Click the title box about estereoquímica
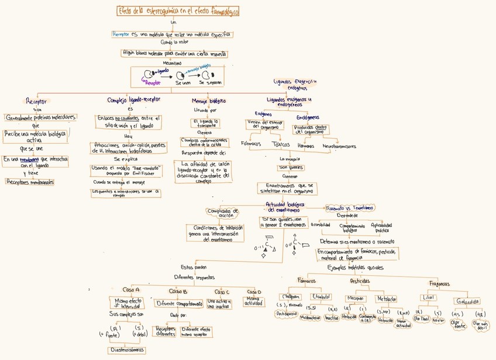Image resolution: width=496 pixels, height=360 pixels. tap(178, 11)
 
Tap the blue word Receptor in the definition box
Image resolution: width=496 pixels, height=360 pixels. tap(121, 34)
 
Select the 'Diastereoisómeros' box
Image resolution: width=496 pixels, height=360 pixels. tap(126, 350)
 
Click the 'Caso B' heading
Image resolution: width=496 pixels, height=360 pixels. tap(178, 291)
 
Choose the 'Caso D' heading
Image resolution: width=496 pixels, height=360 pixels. tap(254, 292)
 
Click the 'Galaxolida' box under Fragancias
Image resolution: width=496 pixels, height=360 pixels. tap(467, 302)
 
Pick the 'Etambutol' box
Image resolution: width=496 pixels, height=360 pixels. tap(321, 297)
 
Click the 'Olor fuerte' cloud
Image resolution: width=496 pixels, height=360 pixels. tap(458, 324)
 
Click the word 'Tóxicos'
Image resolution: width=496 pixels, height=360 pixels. tap(281, 144)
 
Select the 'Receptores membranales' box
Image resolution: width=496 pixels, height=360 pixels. tap(30, 182)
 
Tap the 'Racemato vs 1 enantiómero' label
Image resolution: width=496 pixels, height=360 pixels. tap(350, 207)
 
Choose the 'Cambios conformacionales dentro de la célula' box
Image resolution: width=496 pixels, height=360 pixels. tap(205, 143)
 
